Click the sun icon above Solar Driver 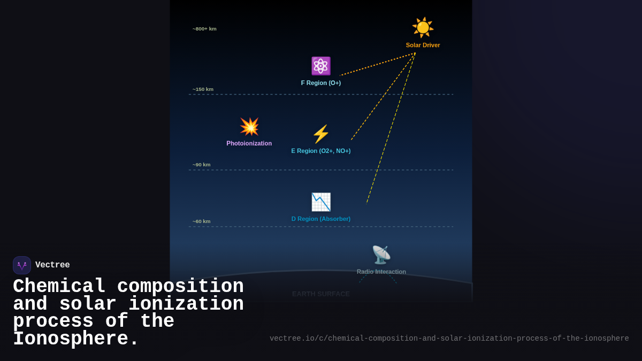pos(423,27)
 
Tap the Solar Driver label pos(423,45)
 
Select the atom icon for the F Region pos(320,66)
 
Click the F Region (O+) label pos(320,83)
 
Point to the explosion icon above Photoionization pos(249,127)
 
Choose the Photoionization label pos(249,143)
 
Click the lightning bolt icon pos(320,134)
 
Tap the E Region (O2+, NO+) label pos(320,151)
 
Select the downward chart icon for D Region pos(321,202)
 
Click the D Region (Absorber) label pos(320,219)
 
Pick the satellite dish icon pos(381,255)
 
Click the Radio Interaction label pos(381,272)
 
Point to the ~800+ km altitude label pos(204,29)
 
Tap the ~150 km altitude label pos(203,89)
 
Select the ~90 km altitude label pos(201,165)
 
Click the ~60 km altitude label pos(201,221)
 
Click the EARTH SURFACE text pos(320,294)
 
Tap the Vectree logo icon pos(22,265)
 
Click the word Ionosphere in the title pos(75,340)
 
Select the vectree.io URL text pos(449,339)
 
